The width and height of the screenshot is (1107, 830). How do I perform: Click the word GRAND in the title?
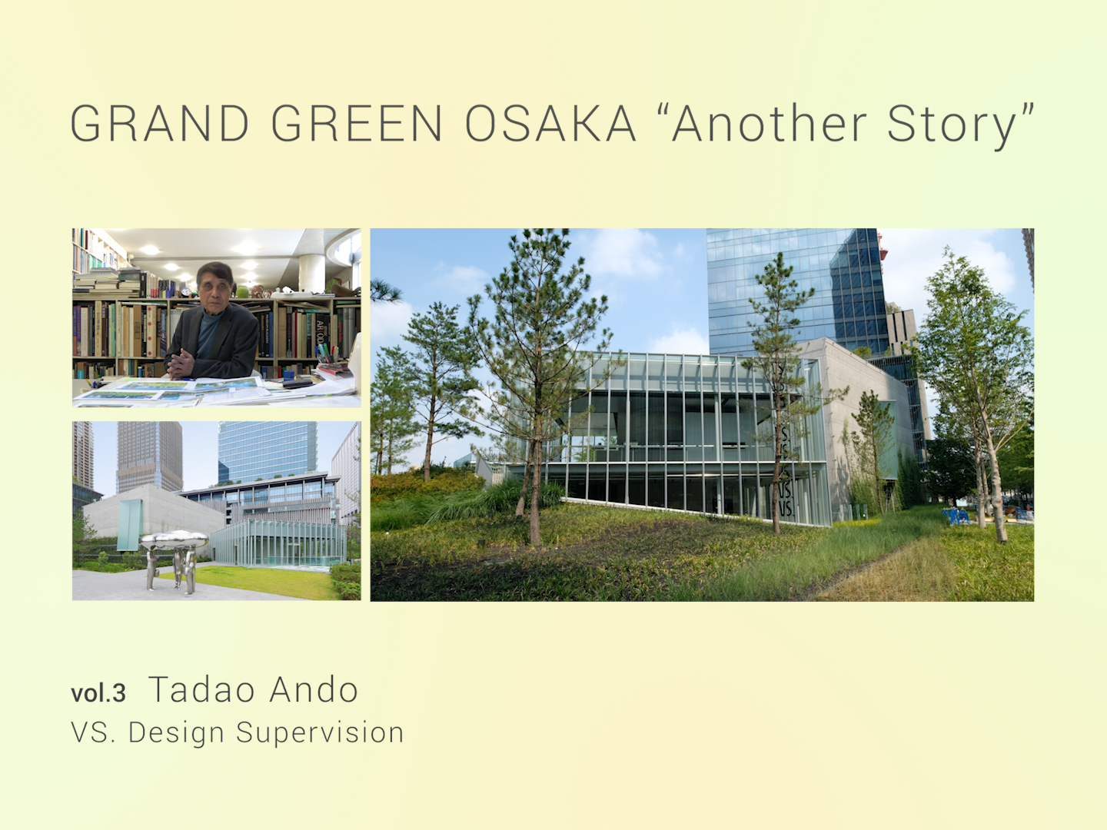pos(160,124)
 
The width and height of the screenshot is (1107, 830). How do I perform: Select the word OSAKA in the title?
pos(550,124)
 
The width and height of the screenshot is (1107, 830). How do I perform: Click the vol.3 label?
pos(98,693)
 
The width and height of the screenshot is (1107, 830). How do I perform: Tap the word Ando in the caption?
pos(314,689)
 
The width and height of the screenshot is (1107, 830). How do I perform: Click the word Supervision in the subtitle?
pos(321,733)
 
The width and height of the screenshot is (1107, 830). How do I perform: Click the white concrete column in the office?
pos(311,273)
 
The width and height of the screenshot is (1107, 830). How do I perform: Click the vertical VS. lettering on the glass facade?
pos(785,471)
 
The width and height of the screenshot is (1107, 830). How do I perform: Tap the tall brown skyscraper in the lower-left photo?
pos(149,456)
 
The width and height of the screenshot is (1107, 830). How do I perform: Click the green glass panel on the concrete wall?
pos(129,525)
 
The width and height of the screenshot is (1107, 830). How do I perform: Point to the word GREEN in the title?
pos(357,124)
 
